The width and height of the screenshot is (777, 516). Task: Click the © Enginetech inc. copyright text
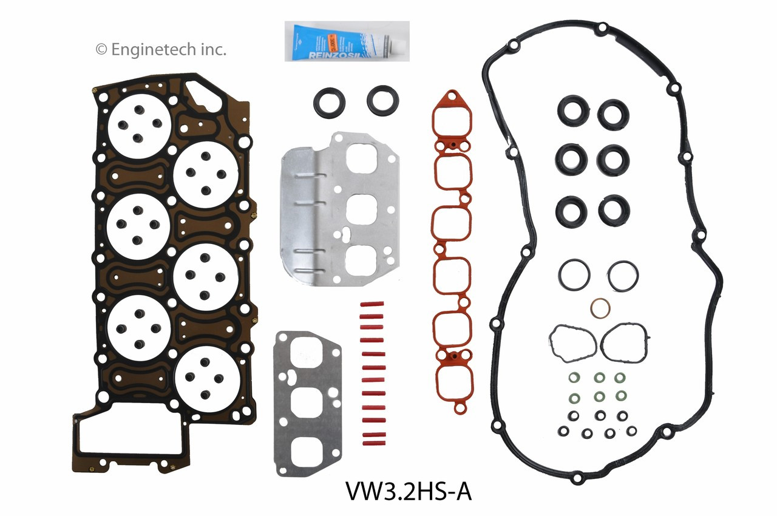click(x=161, y=50)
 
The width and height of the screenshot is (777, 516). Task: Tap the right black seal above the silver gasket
click(x=382, y=100)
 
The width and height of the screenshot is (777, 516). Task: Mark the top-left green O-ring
click(x=572, y=378)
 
